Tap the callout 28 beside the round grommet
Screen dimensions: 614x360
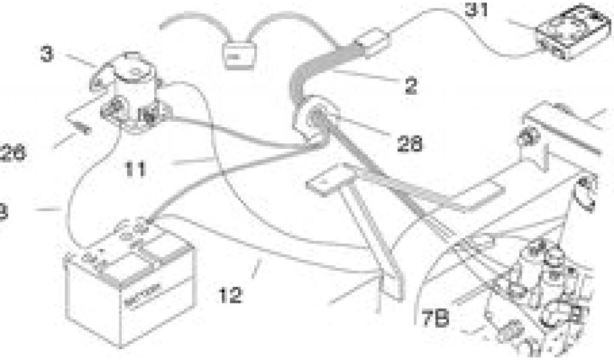(410, 144)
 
